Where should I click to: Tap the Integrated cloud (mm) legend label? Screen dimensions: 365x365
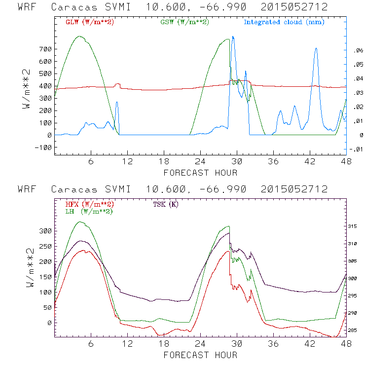[x=284, y=22]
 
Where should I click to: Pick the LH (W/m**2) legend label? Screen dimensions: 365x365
[x=88, y=211]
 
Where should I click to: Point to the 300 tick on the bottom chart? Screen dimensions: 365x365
[x=45, y=231]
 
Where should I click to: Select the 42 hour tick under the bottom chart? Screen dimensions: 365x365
[x=310, y=343]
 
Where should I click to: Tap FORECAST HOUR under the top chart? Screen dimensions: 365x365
[x=200, y=172]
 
